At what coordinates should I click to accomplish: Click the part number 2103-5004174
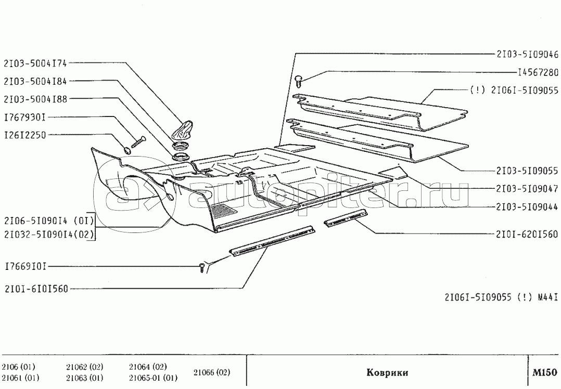pyautogui.click(x=36, y=63)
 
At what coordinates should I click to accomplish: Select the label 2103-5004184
pyautogui.click(x=36, y=81)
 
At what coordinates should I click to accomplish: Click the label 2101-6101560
pyautogui.click(x=36, y=288)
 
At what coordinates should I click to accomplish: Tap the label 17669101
pyautogui.click(x=25, y=267)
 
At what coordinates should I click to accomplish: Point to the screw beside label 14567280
pyautogui.click(x=299, y=80)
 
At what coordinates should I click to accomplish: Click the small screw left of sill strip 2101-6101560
pyautogui.click(x=202, y=267)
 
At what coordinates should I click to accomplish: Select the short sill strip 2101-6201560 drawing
pyautogui.click(x=343, y=218)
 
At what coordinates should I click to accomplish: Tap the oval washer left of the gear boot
pyautogui.click(x=126, y=151)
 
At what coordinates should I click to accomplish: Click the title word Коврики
pyautogui.click(x=387, y=373)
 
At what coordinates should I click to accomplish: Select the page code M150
pyautogui.click(x=544, y=372)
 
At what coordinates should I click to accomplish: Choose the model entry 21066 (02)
pyautogui.click(x=211, y=372)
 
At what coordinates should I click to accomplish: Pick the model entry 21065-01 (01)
pyautogui.click(x=154, y=378)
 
